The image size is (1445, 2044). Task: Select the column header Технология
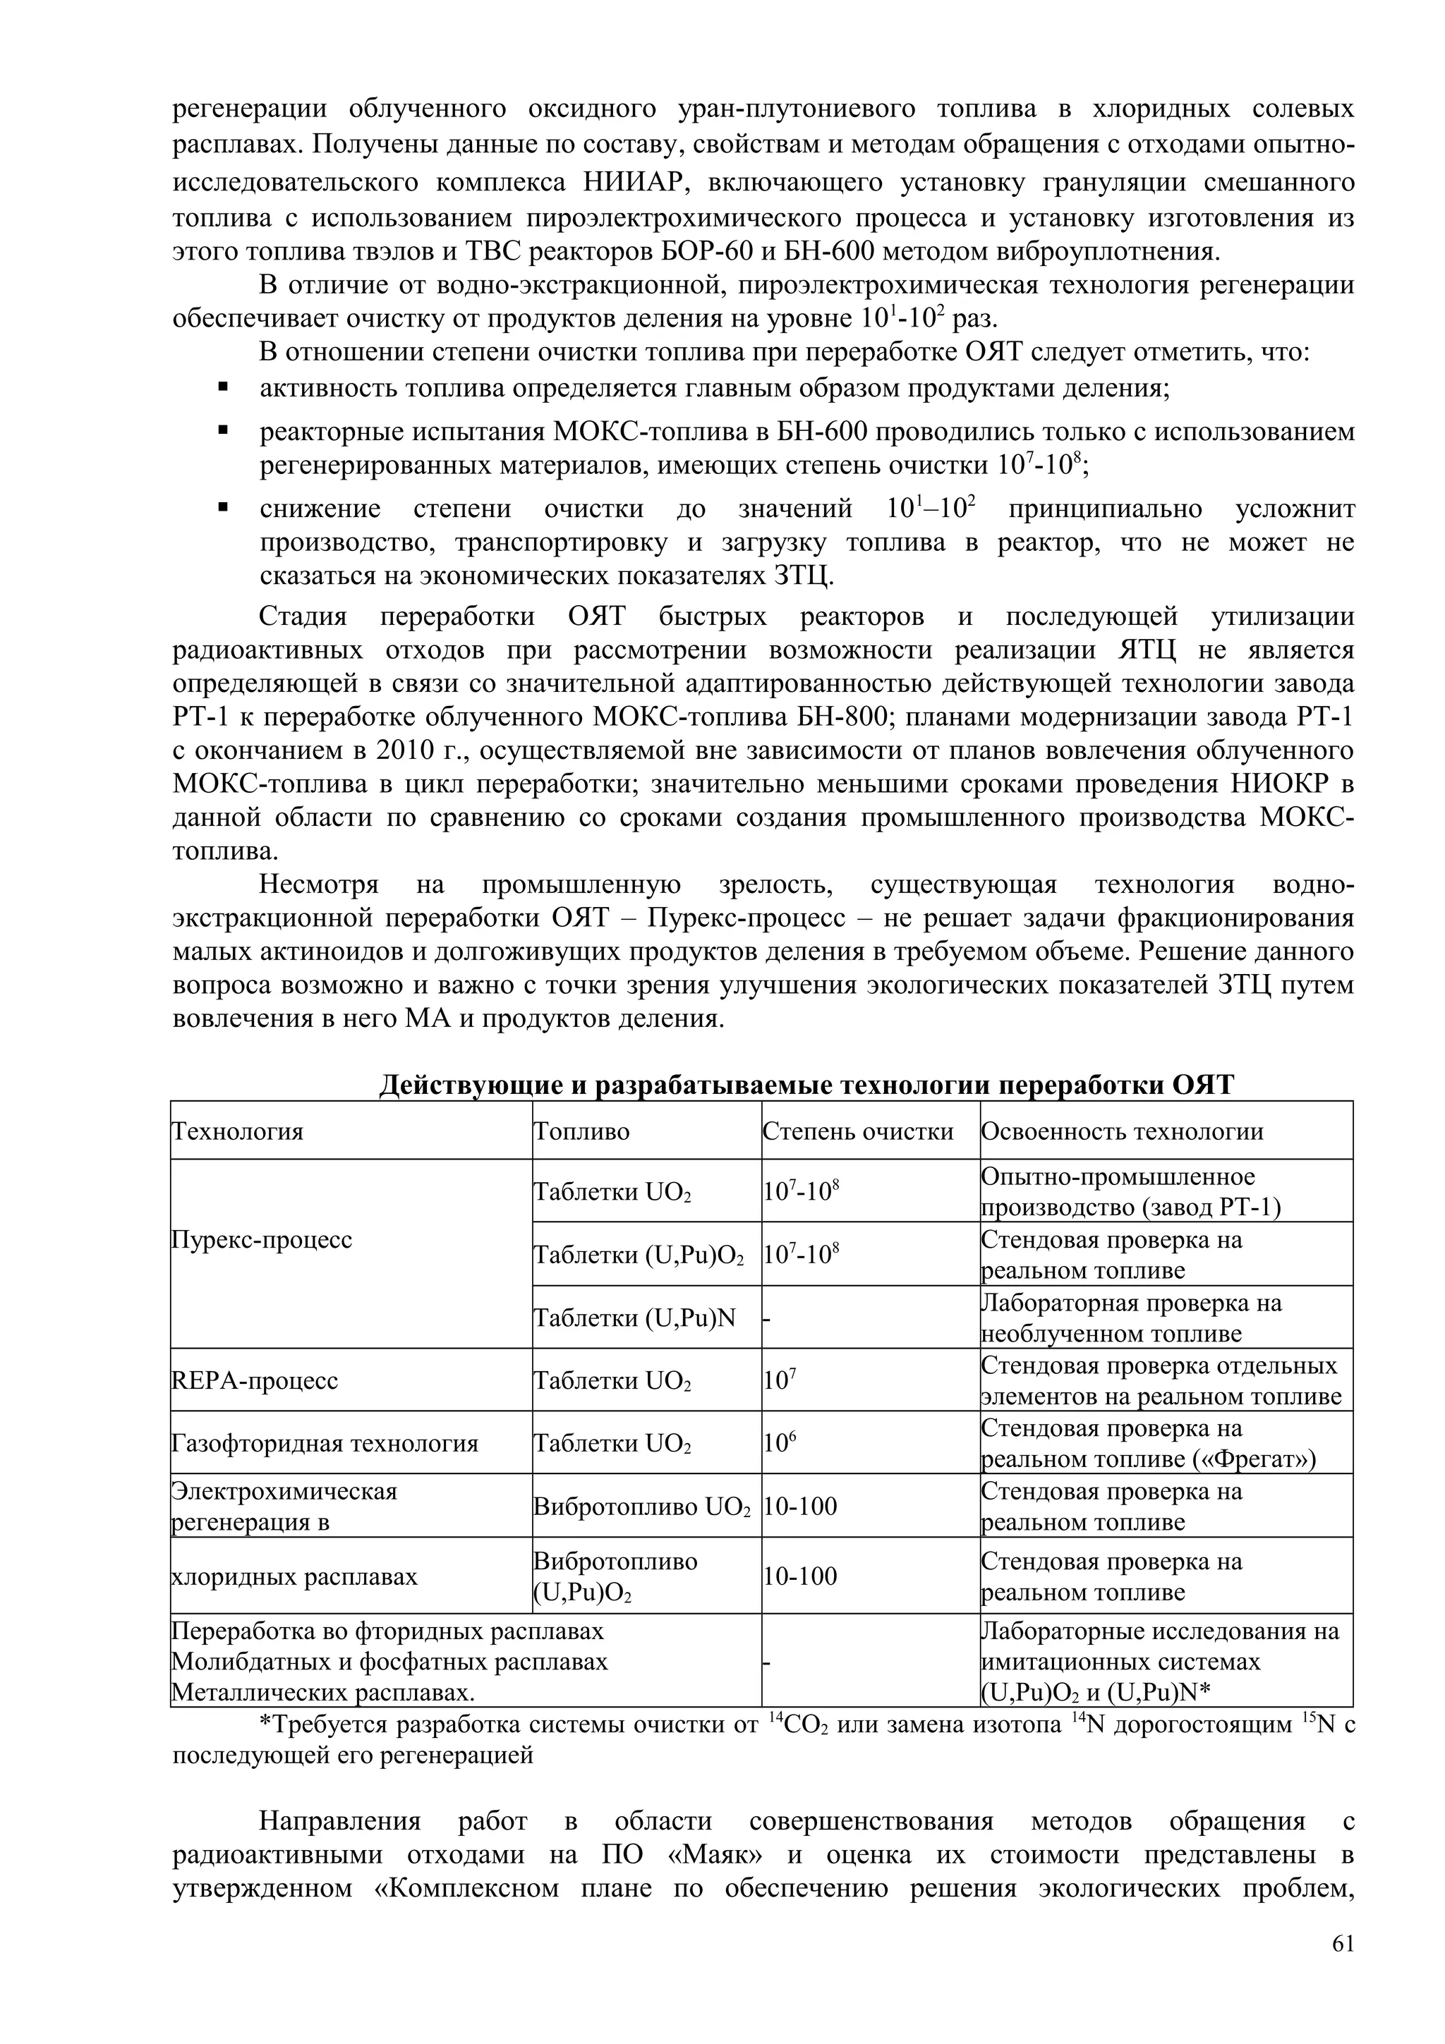pos(237,1131)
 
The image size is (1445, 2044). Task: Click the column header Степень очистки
pos(857,1131)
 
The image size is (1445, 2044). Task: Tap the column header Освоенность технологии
pos(1122,1131)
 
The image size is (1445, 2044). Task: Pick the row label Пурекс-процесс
pos(261,1239)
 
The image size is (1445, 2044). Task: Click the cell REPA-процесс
pos(254,1381)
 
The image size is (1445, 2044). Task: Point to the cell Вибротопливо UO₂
pos(641,1507)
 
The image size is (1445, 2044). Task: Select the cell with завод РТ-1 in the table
pos(1131,1192)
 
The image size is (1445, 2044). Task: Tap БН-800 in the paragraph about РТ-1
pos(846,717)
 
